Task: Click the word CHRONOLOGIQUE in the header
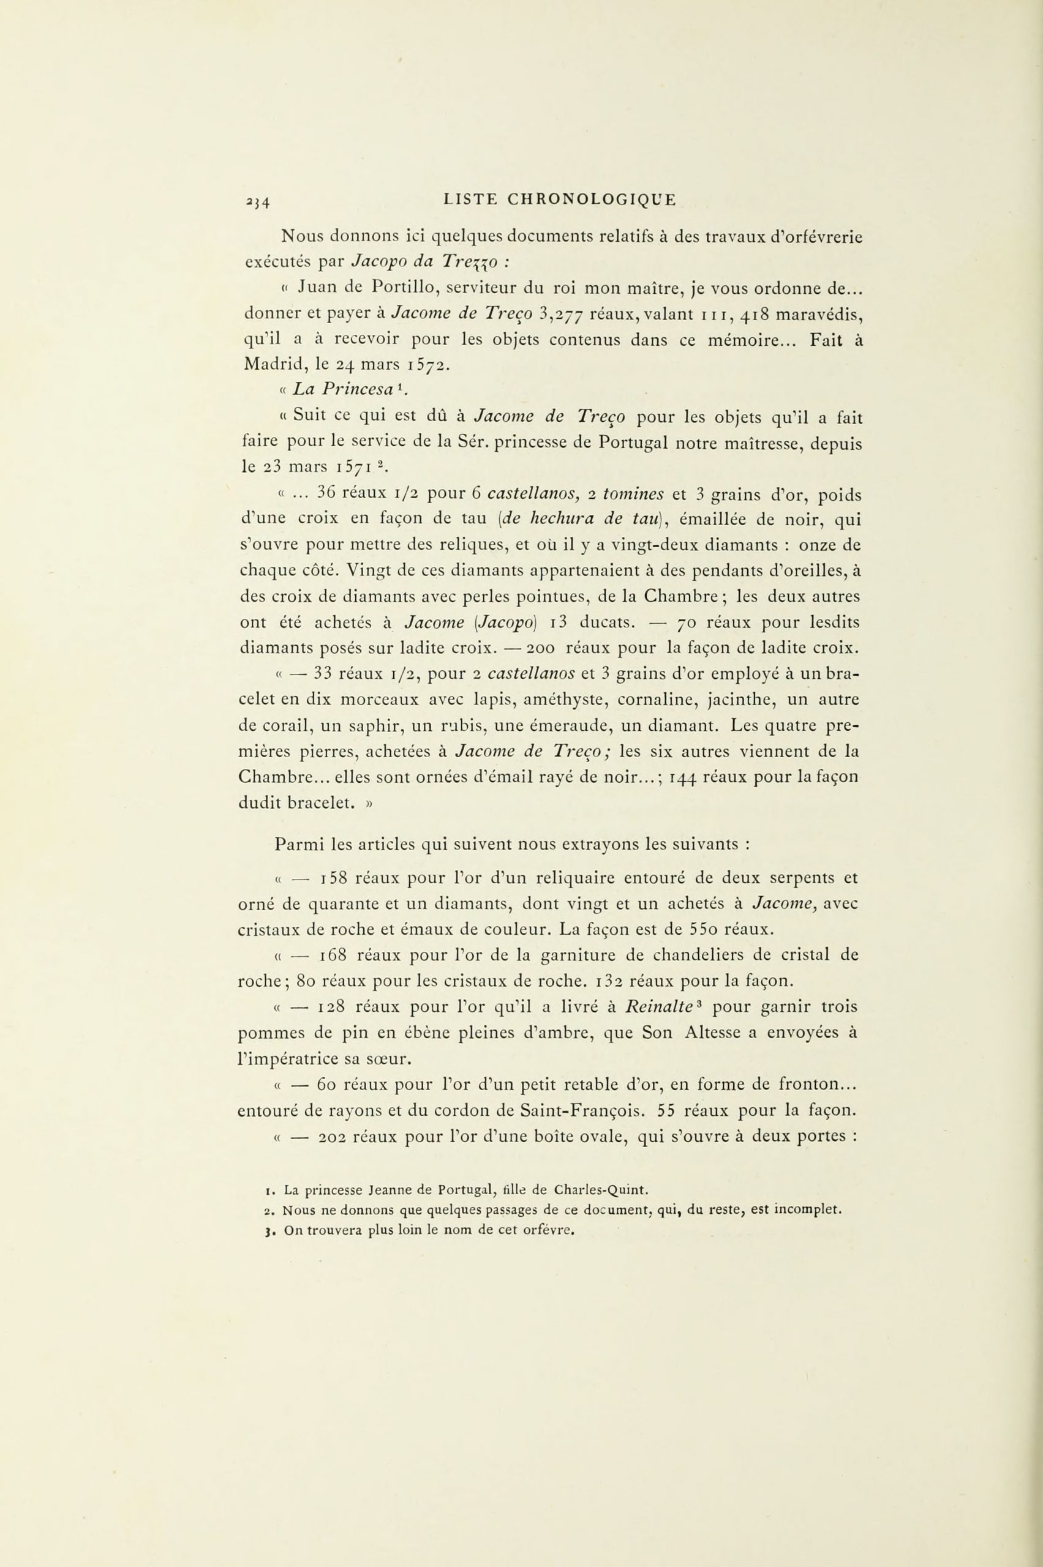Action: (592, 199)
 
